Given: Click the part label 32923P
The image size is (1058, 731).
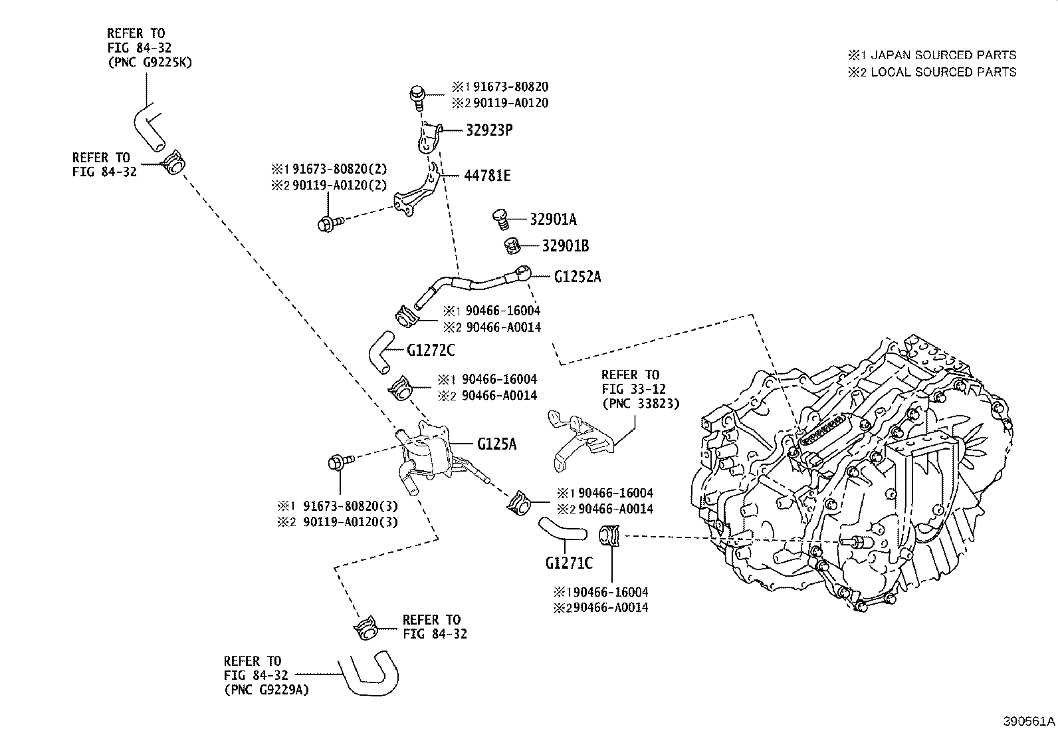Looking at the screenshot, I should [488, 130].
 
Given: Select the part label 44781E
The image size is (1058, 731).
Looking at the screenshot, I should [488, 176].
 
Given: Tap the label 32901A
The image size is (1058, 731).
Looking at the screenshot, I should [554, 218].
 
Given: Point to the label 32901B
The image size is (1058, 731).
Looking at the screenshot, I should [566, 245].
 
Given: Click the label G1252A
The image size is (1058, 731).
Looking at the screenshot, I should [577, 277].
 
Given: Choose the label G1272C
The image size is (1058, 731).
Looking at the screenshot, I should [431, 350].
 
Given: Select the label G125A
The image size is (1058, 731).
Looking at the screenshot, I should [496, 443].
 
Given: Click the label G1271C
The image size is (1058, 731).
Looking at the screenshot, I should [569, 563].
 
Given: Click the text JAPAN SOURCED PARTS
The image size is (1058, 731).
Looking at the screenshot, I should [943, 55].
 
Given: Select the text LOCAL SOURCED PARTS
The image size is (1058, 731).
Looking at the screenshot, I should [943, 72].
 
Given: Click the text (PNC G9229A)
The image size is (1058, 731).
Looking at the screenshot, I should [266, 690].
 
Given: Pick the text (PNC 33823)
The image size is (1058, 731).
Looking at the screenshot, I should [641, 403].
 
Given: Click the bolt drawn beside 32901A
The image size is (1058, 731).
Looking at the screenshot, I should [500, 217].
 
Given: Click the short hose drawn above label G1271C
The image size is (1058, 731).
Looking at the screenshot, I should [563, 530].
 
